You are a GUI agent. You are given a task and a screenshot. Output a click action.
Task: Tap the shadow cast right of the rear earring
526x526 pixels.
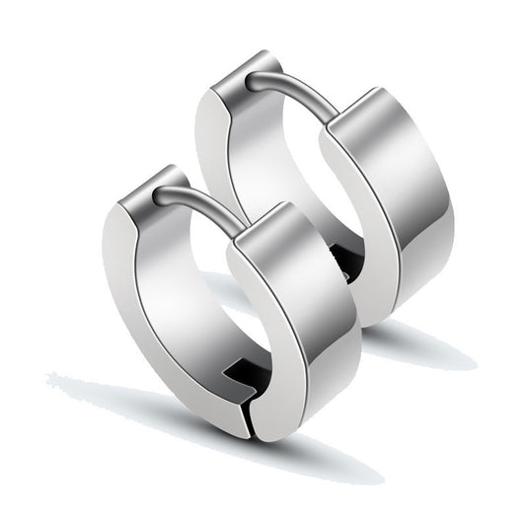[424, 345]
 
